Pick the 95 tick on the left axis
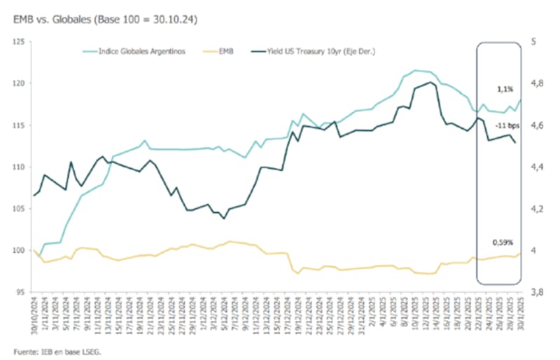(19, 293)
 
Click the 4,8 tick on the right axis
(538, 83)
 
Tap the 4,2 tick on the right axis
(538, 209)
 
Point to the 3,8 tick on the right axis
(538, 293)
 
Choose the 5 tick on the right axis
(534, 42)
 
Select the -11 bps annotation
(508, 125)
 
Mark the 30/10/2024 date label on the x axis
(34, 316)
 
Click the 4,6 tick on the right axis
(538, 125)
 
